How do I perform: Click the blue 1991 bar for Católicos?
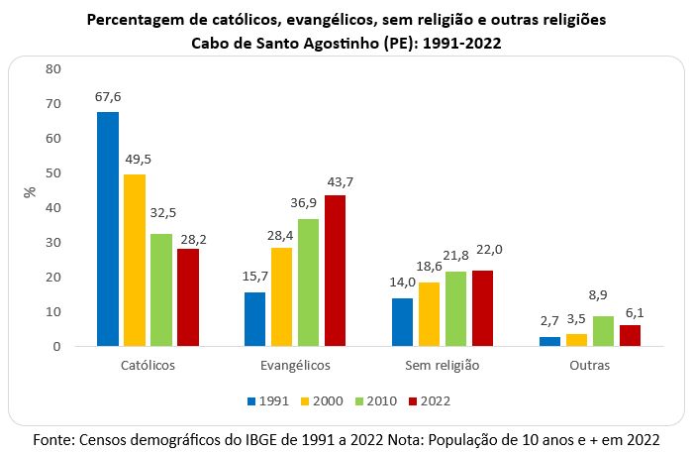[x=108, y=229]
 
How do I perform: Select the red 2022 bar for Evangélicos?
[x=337, y=271]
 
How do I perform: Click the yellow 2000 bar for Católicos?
[x=134, y=261]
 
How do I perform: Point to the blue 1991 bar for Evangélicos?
[x=256, y=319]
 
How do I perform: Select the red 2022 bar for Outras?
[x=630, y=336]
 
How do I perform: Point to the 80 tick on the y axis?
[x=53, y=69]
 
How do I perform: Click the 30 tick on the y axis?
[x=53, y=243]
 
